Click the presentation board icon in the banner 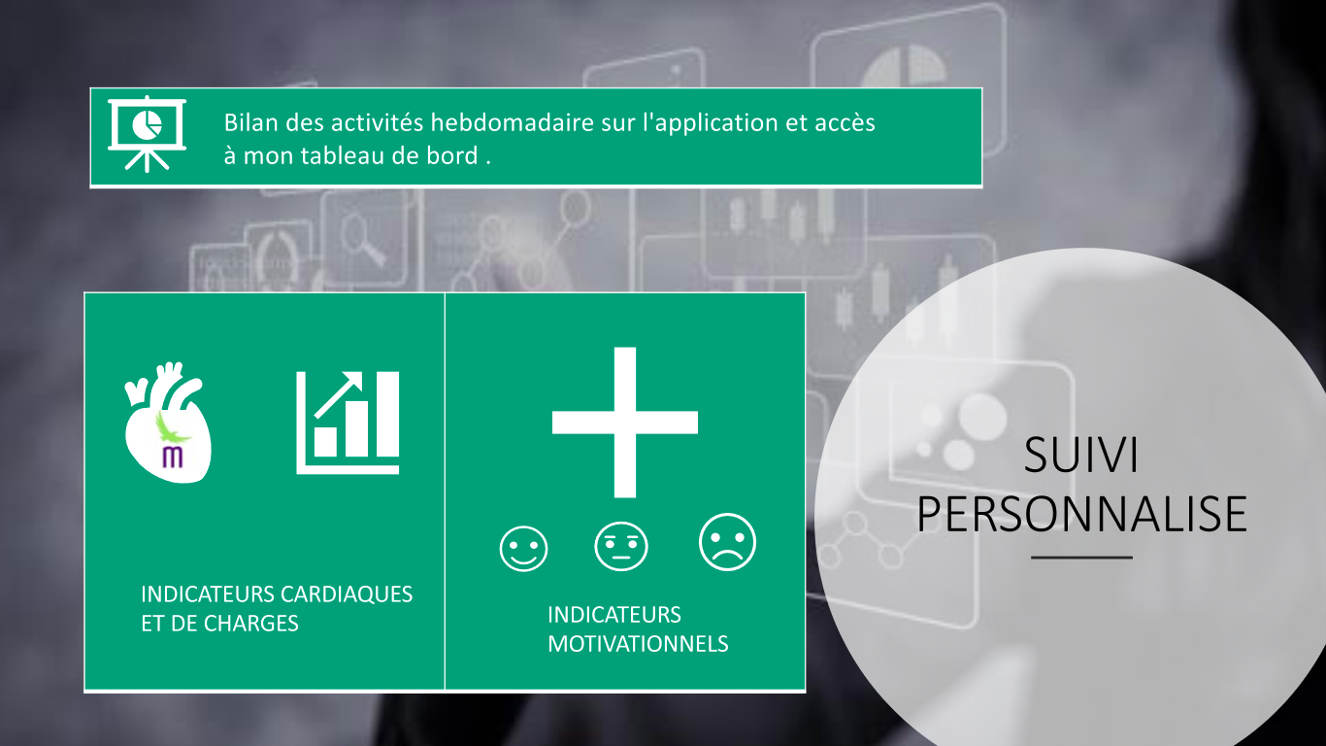click(x=147, y=134)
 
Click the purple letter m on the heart click(x=172, y=458)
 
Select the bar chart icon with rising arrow click(x=348, y=423)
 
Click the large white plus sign click(x=625, y=423)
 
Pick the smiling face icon click(x=523, y=549)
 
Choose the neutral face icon click(x=621, y=546)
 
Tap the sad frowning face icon click(x=727, y=542)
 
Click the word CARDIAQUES click(x=347, y=594)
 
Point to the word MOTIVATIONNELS click(x=638, y=644)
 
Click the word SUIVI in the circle click(x=1081, y=455)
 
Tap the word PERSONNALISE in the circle click(x=1082, y=514)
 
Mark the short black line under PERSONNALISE click(x=1081, y=558)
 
